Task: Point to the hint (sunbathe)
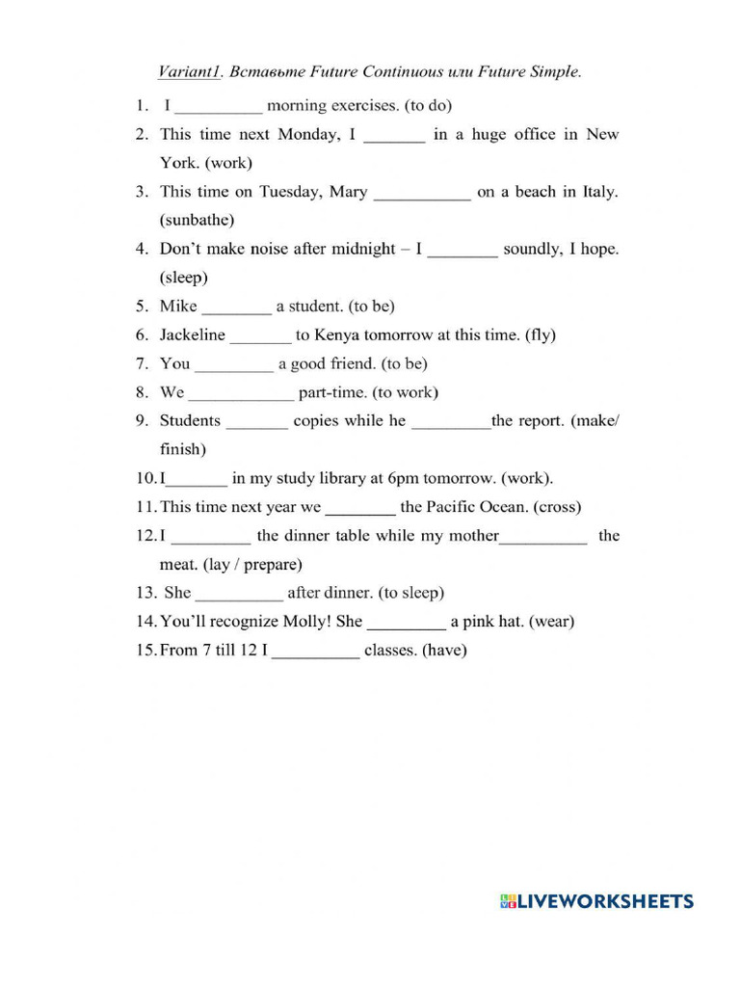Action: tap(197, 220)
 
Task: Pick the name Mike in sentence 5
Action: tap(178, 307)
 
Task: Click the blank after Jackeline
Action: tap(260, 336)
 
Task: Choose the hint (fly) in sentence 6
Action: tap(540, 335)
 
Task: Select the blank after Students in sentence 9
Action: tap(256, 422)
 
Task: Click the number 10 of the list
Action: tap(145, 478)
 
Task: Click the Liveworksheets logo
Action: tap(596, 902)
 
